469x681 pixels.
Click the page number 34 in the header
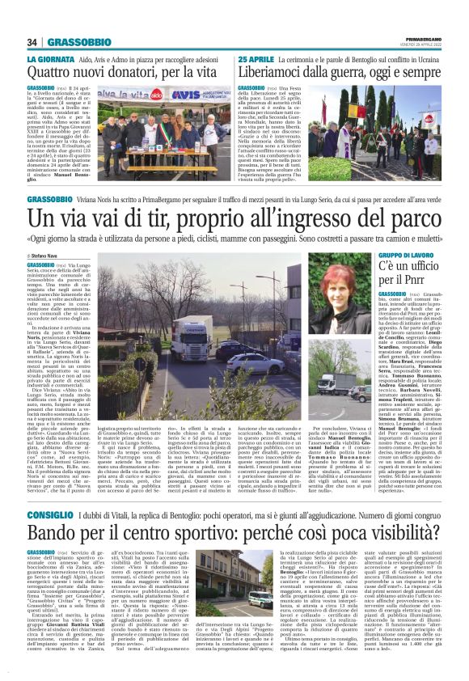pyautogui.click(x=32, y=42)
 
